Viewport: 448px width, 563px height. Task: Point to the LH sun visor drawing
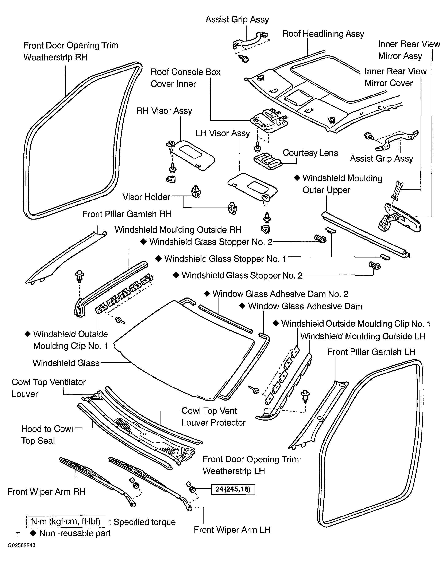pos(252,187)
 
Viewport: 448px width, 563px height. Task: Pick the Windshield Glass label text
pos(66,363)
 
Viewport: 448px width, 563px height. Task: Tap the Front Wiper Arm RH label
pos(46,492)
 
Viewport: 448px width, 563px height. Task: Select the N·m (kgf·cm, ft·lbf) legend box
pos(66,521)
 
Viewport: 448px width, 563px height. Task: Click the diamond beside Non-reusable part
pos(33,533)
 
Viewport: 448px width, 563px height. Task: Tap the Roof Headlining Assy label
pos(323,34)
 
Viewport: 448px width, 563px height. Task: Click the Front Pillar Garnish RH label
pos(127,214)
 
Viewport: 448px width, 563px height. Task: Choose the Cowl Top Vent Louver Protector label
pos(213,417)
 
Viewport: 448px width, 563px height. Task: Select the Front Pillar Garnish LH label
pos(371,352)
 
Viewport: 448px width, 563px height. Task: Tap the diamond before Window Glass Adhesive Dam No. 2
pos(207,294)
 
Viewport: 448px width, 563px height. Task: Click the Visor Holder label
pos(146,197)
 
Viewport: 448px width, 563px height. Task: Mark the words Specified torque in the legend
pos(144,522)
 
